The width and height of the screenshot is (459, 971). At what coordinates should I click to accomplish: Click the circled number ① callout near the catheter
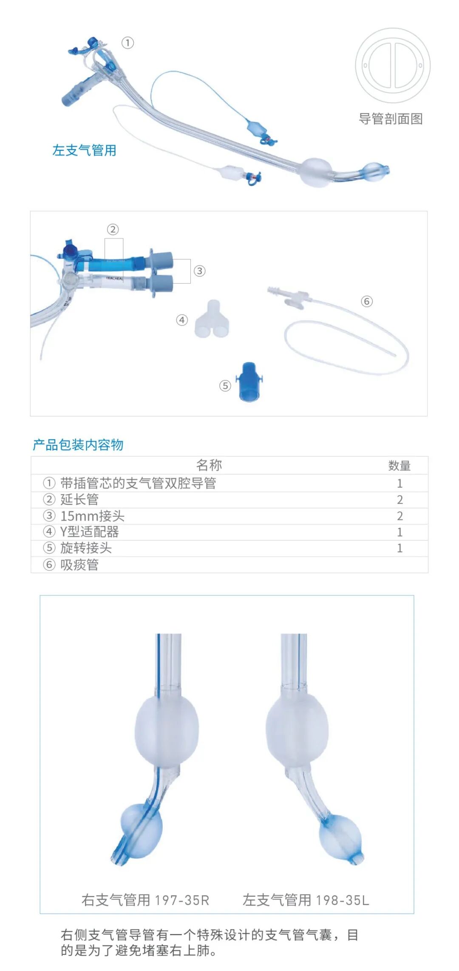point(127,43)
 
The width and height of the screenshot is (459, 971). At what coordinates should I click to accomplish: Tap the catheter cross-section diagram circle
point(393,65)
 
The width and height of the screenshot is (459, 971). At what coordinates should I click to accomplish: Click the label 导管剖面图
point(391,119)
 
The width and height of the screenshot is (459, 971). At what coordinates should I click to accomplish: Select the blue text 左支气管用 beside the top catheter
point(84,150)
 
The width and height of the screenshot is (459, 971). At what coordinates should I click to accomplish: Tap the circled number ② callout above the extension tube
point(113,230)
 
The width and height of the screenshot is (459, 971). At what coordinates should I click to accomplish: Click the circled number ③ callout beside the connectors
point(199,271)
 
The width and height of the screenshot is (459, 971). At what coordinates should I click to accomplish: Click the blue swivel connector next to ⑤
point(249,382)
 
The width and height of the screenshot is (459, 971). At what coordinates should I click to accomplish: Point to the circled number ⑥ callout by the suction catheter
point(366,302)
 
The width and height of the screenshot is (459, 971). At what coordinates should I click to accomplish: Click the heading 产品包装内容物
point(78,445)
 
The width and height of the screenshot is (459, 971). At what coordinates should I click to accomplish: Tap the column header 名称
point(209,465)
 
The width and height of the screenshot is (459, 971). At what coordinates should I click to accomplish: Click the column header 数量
point(399,466)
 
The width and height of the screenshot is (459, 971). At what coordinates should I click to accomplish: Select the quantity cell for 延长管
point(399,500)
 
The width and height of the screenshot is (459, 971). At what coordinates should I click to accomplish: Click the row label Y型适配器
point(90,532)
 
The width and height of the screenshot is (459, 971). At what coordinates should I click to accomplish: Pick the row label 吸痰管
point(79,565)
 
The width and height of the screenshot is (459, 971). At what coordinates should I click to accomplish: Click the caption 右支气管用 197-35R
point(145,900)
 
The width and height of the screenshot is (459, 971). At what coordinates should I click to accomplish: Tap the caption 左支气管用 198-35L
point(306,900)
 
